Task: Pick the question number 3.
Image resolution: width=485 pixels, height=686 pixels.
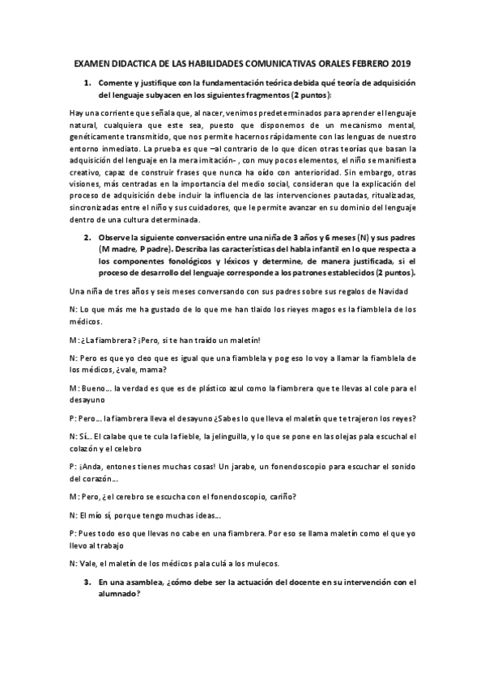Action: [87, 582]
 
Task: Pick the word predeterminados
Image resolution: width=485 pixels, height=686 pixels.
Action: [263, 114]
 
